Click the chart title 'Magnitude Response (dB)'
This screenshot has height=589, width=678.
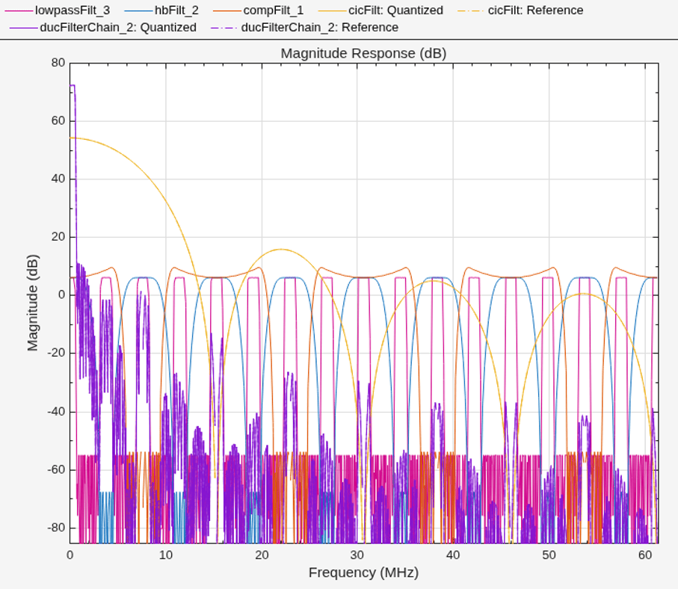point(363,53)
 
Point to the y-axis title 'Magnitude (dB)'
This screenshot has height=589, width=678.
point(33,303)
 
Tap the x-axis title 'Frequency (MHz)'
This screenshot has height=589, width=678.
point(363,573)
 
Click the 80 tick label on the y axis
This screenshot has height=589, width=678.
point(58,63)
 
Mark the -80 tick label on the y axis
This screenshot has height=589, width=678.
point(56,528)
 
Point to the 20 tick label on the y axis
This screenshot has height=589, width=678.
point(58,237)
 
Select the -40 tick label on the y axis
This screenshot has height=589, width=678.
point(56,411)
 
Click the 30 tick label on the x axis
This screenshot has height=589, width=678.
point(357,555)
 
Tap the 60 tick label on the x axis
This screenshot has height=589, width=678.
point(644,555)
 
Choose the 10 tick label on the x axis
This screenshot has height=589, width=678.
point(166,555)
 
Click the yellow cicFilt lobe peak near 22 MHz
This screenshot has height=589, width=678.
point(281,249)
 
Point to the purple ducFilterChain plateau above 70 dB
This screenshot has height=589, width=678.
point(73,85)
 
